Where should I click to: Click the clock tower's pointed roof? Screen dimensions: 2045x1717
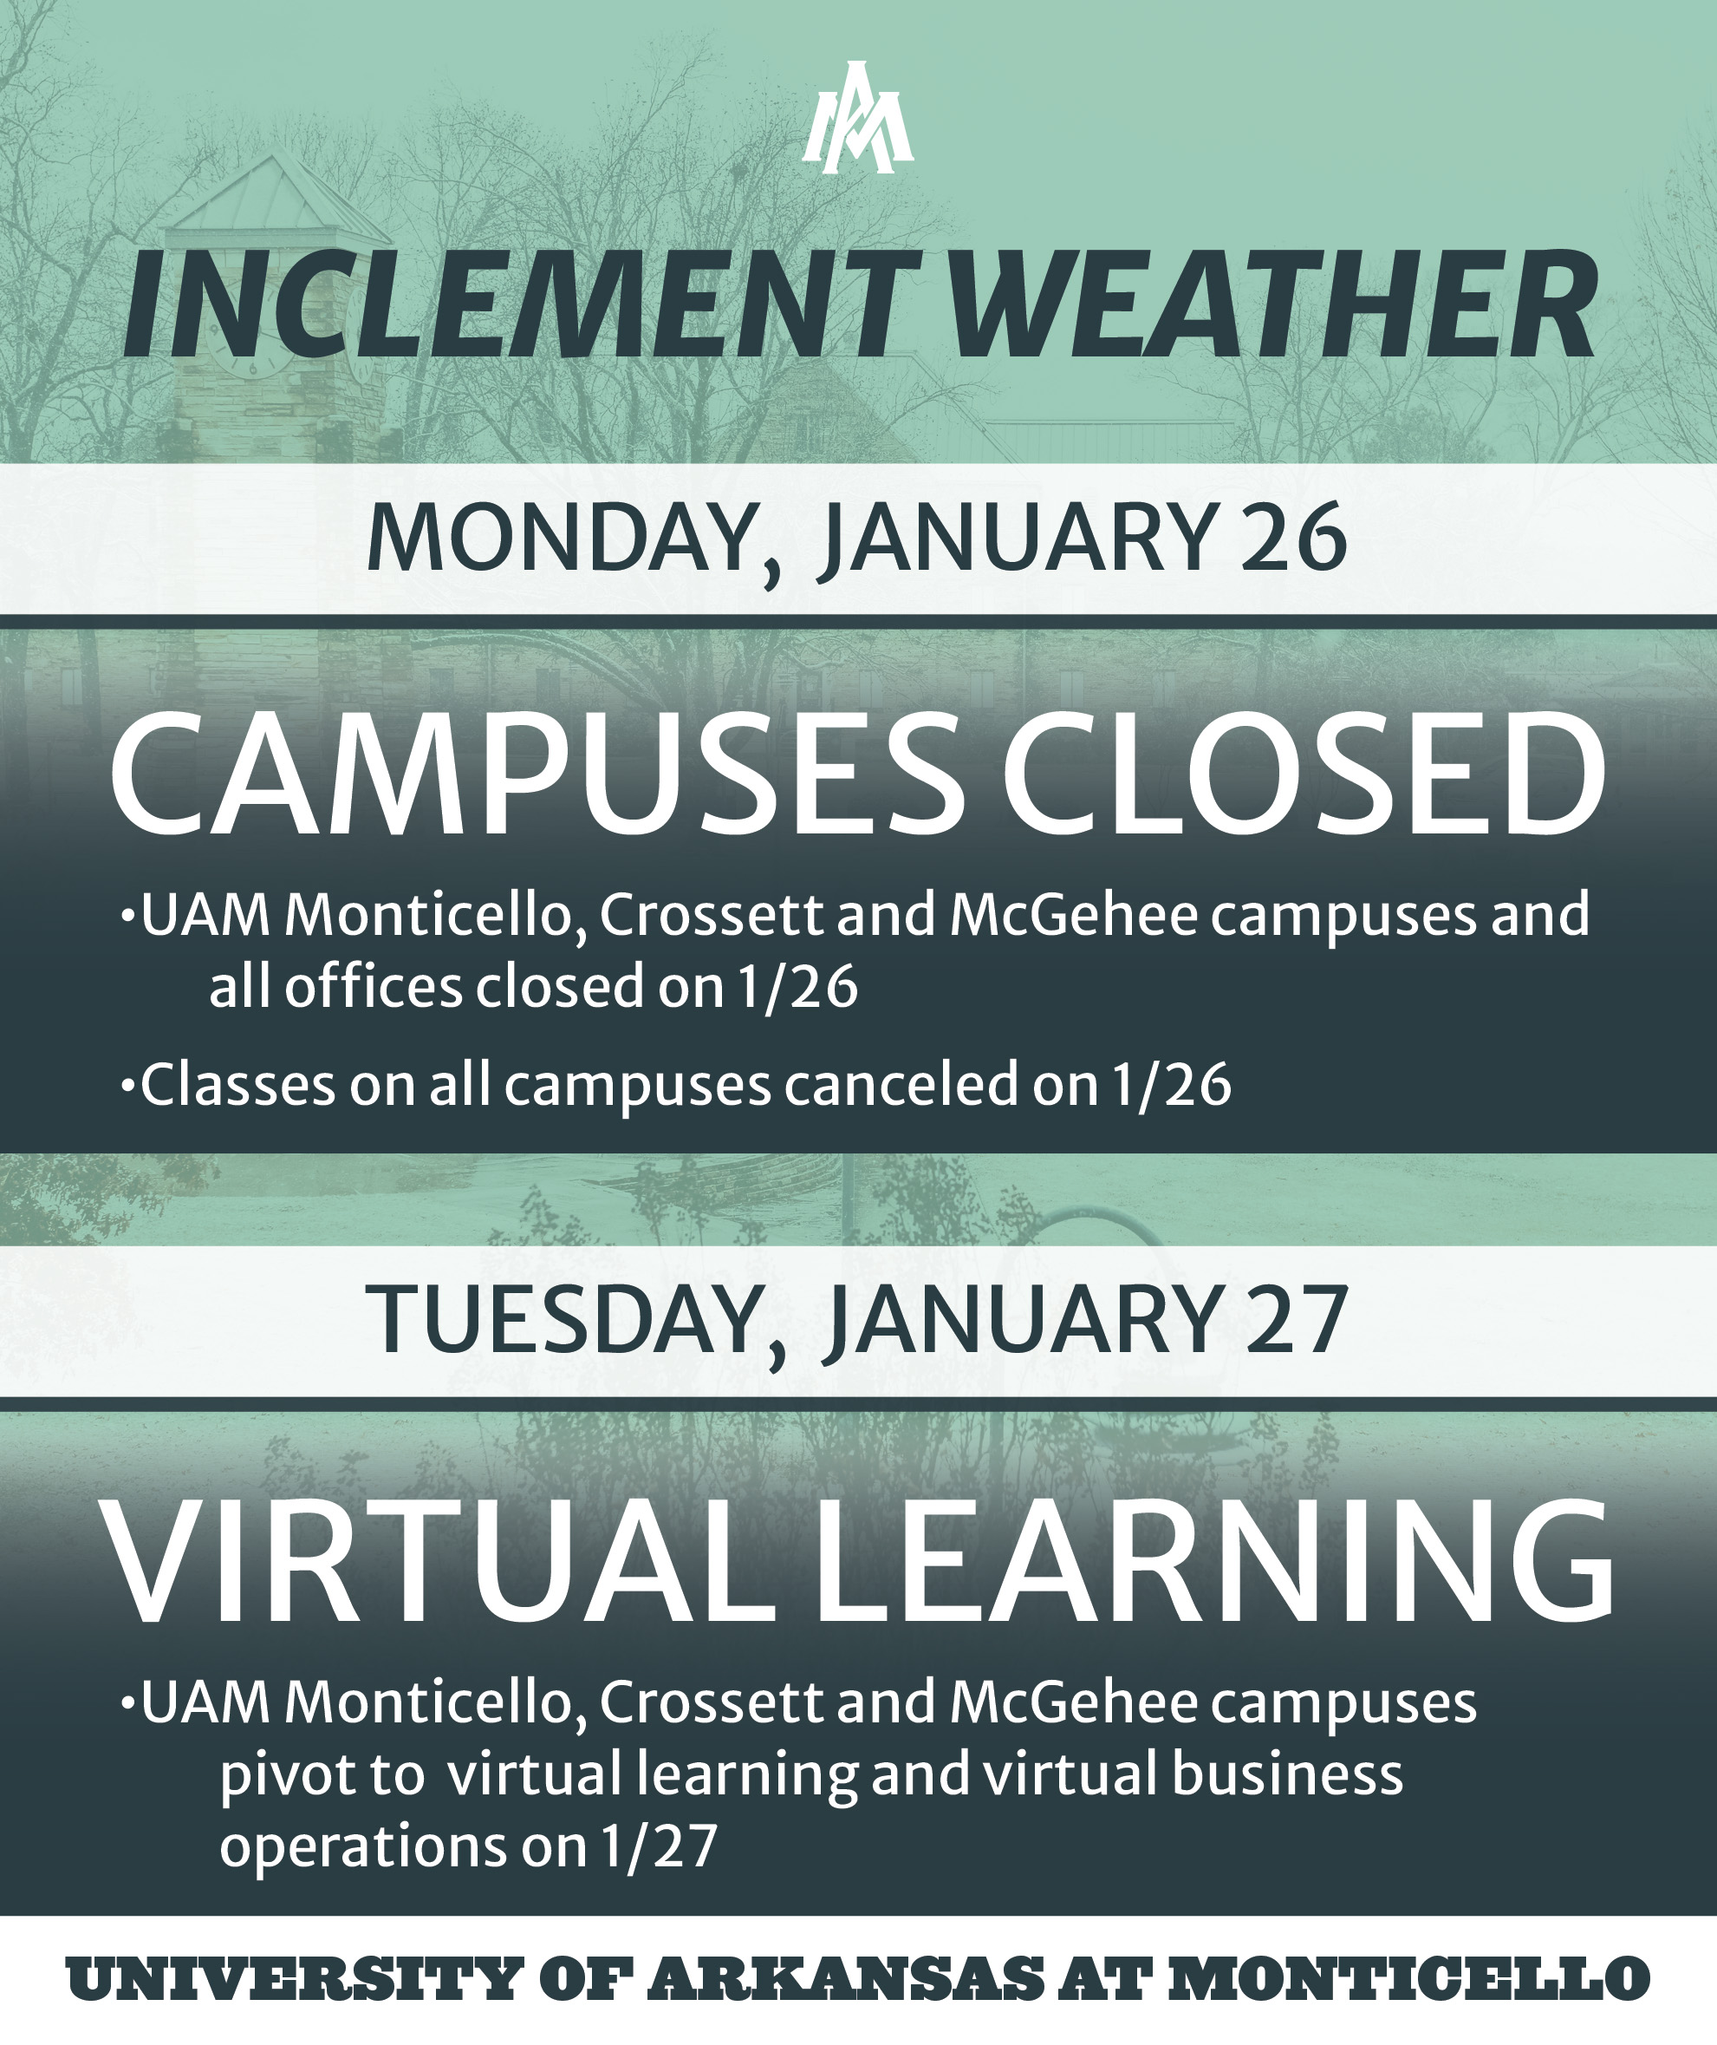(283, 195)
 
